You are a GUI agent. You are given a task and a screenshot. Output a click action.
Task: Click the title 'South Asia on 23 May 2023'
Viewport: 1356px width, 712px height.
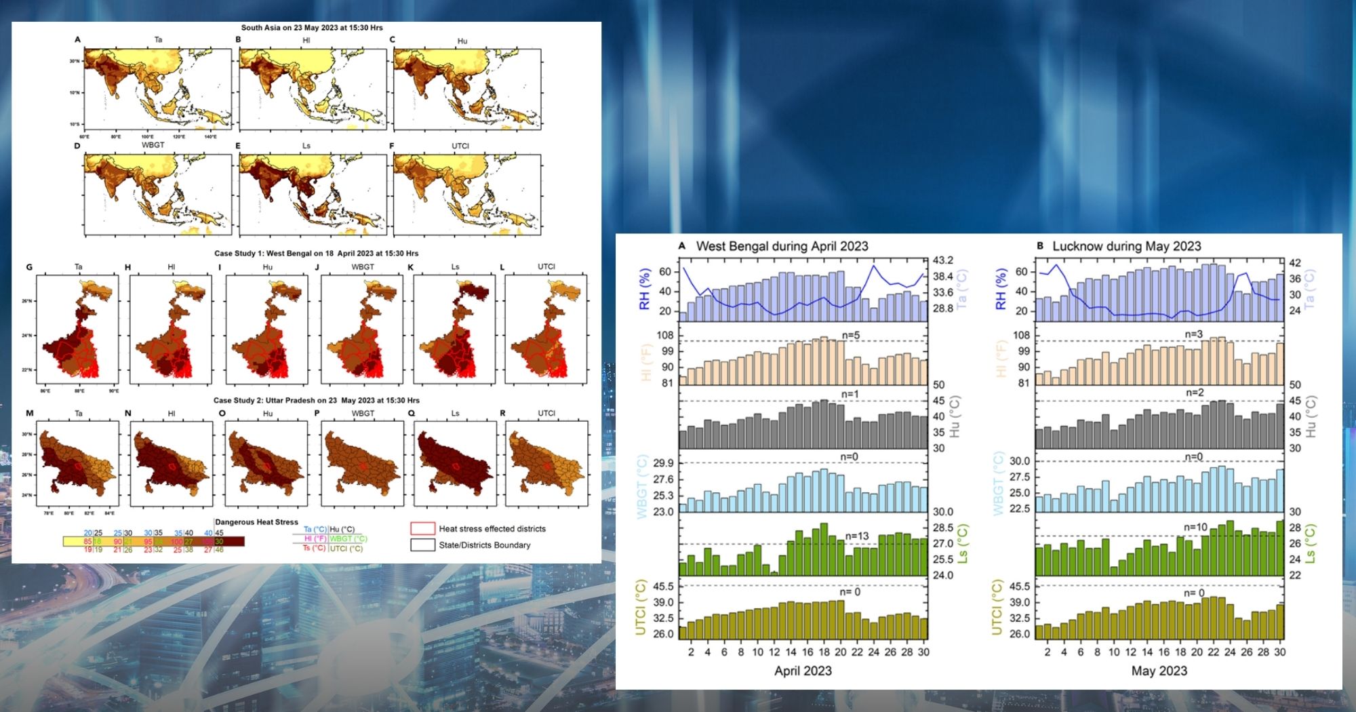312,28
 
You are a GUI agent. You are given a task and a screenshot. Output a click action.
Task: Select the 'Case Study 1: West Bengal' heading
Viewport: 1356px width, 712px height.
316,254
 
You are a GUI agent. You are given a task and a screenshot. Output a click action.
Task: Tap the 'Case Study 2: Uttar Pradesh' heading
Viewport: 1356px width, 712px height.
316,401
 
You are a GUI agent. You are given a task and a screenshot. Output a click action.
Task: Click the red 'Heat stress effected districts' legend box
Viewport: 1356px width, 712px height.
422,529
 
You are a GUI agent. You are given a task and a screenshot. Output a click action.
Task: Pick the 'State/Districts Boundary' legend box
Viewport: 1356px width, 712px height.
422,545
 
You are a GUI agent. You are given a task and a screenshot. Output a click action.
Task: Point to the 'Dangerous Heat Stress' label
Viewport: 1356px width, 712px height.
256,522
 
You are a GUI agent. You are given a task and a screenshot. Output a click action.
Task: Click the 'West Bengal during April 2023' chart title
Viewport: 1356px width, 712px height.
782,246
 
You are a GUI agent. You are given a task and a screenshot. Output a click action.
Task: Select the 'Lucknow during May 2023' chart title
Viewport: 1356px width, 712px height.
1126,246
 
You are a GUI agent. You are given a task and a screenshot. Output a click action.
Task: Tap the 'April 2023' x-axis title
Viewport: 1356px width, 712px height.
803,671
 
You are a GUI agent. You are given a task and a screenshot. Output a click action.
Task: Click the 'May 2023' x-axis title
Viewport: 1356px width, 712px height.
1159,671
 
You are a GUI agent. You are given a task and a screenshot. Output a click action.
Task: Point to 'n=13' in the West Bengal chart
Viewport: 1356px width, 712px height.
857,536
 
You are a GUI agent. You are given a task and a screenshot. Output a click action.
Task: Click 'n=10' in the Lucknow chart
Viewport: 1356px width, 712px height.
1195,528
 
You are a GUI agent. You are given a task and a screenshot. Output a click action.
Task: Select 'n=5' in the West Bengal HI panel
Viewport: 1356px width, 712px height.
851,335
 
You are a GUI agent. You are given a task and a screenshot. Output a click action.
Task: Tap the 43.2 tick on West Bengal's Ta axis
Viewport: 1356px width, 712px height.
942,260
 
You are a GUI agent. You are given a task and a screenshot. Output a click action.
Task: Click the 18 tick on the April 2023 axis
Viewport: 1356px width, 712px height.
824,652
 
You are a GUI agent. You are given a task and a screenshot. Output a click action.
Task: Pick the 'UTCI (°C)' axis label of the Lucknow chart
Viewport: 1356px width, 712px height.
997,608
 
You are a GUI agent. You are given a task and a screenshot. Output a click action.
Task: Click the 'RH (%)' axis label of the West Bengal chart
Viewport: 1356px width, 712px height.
645,289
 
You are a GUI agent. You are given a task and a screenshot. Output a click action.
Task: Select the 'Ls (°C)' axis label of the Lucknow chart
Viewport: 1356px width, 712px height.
1312,544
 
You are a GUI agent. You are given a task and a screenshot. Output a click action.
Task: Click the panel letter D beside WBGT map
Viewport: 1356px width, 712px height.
77,146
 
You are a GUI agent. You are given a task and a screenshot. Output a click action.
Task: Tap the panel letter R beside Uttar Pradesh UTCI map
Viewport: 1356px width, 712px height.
502,413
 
